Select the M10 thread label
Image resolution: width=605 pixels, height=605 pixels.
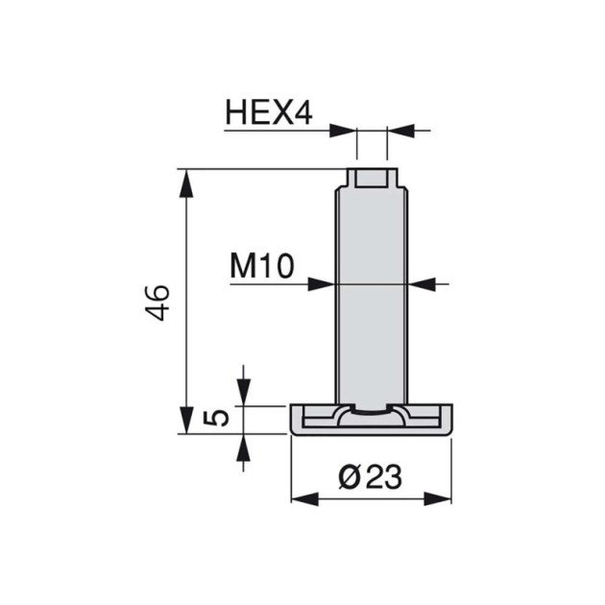(261, 265)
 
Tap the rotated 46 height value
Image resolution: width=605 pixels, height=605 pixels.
(158, 302)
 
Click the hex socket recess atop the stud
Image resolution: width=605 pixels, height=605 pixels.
(372, 179)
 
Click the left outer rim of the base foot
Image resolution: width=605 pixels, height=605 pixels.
(296, 420)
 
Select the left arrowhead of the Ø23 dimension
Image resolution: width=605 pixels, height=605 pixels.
(302, 497)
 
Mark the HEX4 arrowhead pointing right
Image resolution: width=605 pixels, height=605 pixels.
(344, 129)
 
